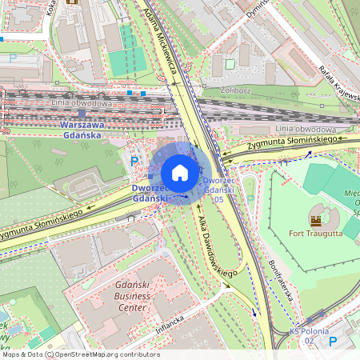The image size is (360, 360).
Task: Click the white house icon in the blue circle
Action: click(180, 173)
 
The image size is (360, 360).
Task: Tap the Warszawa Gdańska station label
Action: click(82, 130)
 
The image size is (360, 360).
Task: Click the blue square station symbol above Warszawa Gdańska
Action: click(82, 114)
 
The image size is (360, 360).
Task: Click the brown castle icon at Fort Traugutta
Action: click(315, 218)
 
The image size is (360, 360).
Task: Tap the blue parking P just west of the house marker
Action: click(133, 160)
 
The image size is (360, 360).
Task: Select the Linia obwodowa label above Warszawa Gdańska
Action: click(82, 102)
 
